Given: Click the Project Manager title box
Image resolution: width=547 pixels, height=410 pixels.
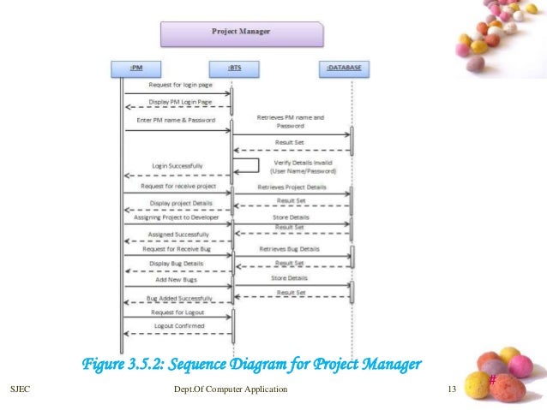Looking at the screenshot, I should (x=242, y=33).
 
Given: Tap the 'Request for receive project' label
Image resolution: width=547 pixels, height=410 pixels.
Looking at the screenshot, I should (x=177, y=186).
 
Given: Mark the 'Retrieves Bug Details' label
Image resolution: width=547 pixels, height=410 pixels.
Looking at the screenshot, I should (x=292, y=249).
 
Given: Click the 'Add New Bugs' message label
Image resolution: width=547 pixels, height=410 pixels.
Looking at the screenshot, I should (x=177, y=279).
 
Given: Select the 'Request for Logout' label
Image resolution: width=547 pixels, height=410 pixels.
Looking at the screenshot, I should (x=177, y=312).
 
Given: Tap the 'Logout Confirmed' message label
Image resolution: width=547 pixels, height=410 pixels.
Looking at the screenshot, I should (x=177, y=327).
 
